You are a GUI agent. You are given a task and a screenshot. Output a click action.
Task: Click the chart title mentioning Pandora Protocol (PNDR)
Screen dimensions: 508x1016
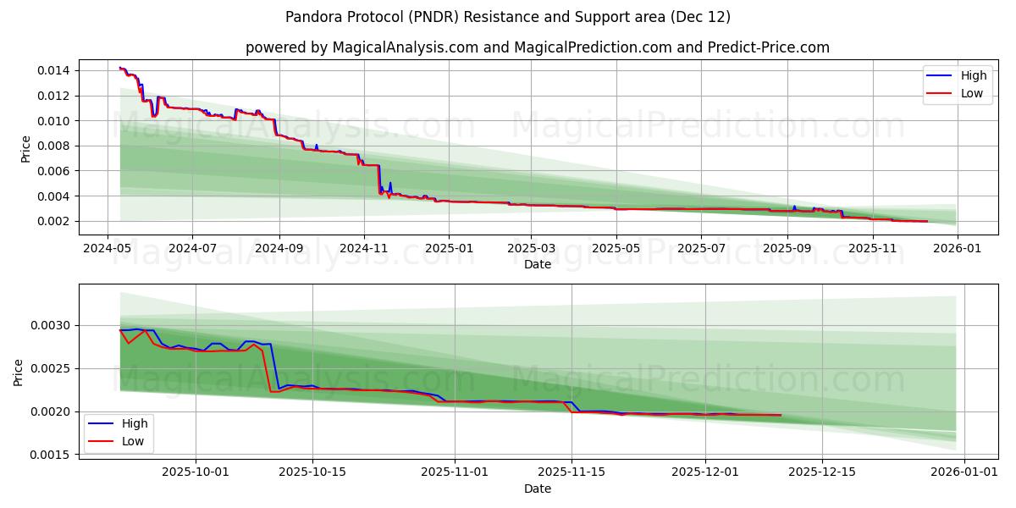point(508,17)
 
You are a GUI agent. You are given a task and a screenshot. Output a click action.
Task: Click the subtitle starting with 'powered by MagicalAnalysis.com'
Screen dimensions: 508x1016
point(538,47)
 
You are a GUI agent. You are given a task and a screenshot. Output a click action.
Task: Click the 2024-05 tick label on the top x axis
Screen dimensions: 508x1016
point(107,248)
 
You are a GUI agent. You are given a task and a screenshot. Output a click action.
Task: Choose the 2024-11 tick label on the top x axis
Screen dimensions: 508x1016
point(364,248)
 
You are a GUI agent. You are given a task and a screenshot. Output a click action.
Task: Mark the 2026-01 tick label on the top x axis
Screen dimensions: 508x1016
point(957,248)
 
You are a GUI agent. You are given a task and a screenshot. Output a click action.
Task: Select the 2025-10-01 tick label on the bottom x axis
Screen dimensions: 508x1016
point(196,472)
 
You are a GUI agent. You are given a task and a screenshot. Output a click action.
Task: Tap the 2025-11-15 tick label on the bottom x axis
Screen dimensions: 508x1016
point(571,472)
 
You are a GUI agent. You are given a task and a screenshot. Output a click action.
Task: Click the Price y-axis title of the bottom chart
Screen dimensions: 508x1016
point(19,372)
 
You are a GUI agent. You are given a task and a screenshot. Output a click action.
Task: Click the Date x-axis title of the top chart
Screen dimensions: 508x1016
point(538,264)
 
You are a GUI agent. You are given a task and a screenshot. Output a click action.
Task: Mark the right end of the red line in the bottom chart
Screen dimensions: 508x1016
point(781,415)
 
